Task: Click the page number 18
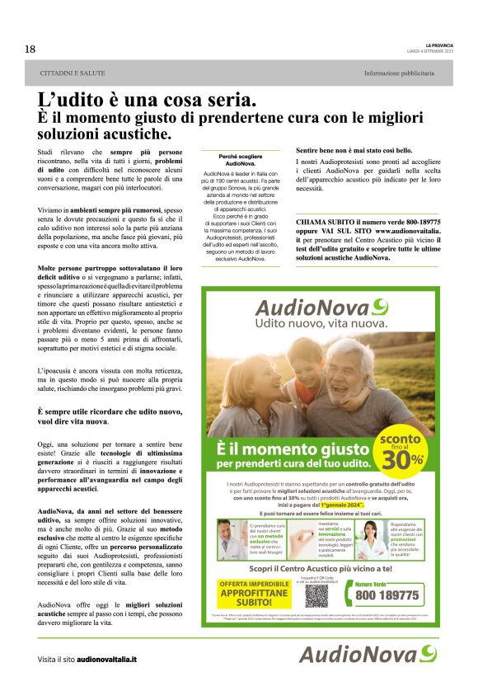pyautogui.click(x=30, y=49)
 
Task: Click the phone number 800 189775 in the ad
pyautogui.click(x=387, y=594)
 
